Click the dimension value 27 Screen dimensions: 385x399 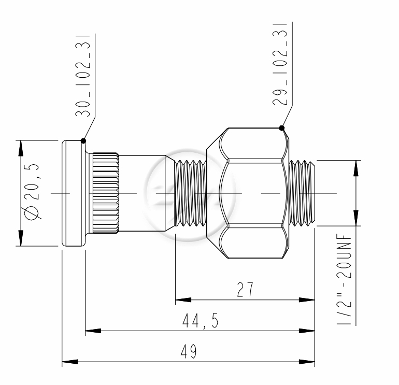pos(245,290)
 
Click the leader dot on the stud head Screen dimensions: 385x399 pos(83,140)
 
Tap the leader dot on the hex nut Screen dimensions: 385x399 pos(281,128)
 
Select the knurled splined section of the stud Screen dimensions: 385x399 pos(106,193)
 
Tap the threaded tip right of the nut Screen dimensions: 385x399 pos(302,193)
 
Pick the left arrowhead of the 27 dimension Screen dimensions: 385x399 pos(181,300)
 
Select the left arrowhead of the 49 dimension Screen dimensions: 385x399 pos(68,361)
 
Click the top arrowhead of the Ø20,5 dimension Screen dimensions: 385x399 pos(21,148)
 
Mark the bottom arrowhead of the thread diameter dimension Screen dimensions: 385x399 pos(355,218)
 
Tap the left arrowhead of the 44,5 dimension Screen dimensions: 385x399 pos(91,330)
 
